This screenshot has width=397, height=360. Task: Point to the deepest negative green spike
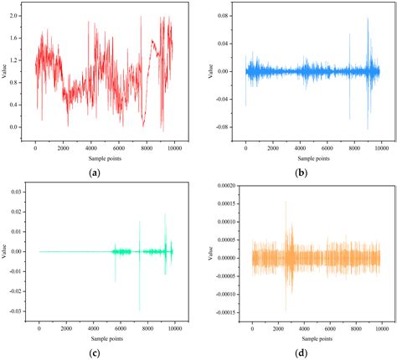[140, 311]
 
